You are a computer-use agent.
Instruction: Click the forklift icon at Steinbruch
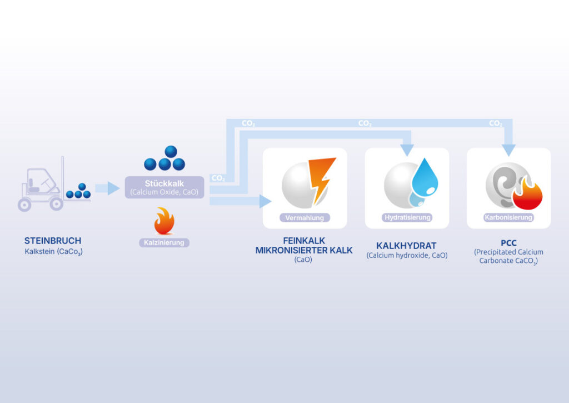pyautogui.click(x=41, y=186)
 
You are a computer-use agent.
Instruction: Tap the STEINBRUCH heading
pyautogui.click(x=53, y=241)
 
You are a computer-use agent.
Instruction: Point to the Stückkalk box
pyautogui.click(x=164, y=187)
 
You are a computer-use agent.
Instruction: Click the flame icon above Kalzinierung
pyautogui.click(x=164, y=221)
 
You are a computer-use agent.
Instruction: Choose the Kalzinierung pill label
pyautogui.click(x=164, y=242)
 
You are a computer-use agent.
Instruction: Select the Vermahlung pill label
pyautogui.click(x=305, y=218)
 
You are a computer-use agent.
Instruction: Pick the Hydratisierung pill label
pyautogui.click(x=407, y=217)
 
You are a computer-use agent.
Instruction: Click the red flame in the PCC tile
pyautogui.click(x=528, y=195)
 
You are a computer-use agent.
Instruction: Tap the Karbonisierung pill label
pyautogui.click(x=508, y=217)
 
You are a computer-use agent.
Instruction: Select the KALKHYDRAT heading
pyautogui.click(x=407, y=245)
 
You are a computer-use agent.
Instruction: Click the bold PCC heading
pyautogui.click(x=508, y=242)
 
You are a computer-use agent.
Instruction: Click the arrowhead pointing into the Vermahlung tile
pyautogui.click(x=266, y=201)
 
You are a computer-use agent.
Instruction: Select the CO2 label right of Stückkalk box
pyautogui.click(x=218, y=178)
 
